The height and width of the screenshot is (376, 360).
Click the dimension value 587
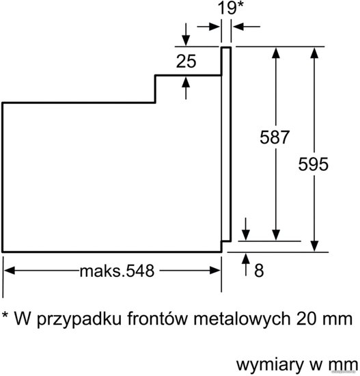click(275, 137)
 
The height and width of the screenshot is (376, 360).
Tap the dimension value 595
click(313, 164)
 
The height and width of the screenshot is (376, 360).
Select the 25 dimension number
click(186, 61)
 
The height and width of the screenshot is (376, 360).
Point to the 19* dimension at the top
click(230, 8)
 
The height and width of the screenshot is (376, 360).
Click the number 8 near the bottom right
click(259, 271)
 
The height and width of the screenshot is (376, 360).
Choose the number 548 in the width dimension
click(140, 271)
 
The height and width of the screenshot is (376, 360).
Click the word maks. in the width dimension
click(102, 271)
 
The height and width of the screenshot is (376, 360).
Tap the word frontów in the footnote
click(156, 319)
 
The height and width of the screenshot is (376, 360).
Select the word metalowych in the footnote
click(242, 319)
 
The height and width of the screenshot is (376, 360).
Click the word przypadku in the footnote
click(79, 320)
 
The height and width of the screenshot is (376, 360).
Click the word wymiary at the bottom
click(270, 365)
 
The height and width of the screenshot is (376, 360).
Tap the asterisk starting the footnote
click(5, 314)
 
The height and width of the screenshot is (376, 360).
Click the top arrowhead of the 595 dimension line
click(314, 53)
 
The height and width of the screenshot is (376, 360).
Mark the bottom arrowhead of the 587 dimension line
click(276, 235)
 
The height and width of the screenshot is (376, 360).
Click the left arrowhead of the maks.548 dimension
click(10, 271)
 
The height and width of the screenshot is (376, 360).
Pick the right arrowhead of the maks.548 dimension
click(214, 271)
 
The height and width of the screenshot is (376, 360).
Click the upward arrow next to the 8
click(246, 265)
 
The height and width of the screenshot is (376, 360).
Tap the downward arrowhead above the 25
click(186, 40)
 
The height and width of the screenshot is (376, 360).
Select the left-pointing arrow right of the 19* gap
click(247, 27)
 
